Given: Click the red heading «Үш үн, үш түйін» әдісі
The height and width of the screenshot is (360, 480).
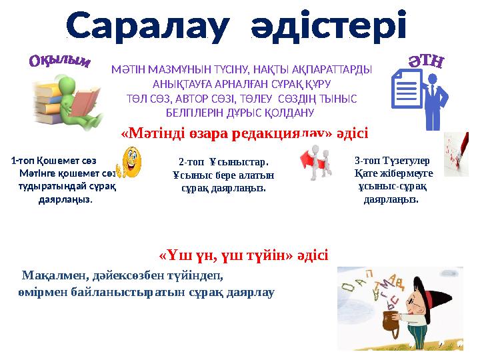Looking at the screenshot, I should point(243,255).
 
